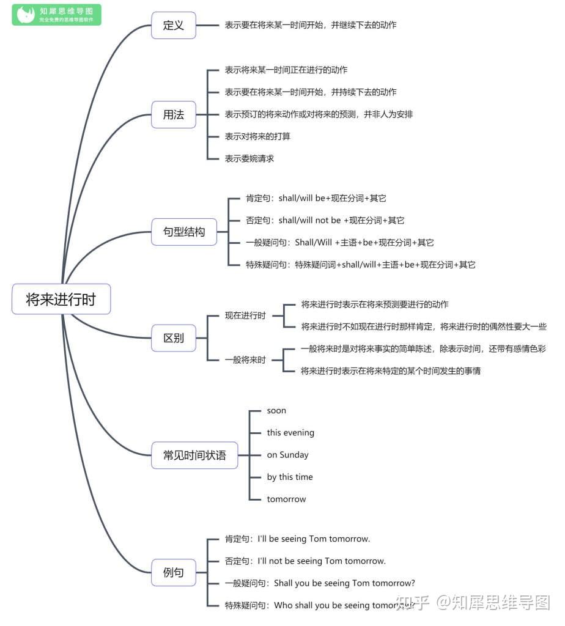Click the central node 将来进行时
(x=61, y=300)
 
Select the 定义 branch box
(x=174, y=26)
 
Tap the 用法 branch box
(x=174, y=114)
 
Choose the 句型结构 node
(x=184, y=232)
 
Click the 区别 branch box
(x=174, y=338)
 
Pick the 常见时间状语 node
(x=194, y=455)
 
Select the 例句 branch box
(x=174, y=573)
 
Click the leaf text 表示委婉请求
(x=249, y=158)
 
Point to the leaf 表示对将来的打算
(x=257, y=136)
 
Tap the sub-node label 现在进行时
(x=245, y=316)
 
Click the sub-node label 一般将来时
(x=245, y=360)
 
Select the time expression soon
(x=276, y=411)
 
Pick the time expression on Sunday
(x=287, y=455)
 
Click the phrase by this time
(x=290, y=477)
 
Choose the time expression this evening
(x=290, y=433)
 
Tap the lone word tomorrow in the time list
(x=286, y=499)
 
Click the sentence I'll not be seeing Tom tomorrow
(x=322, y=561)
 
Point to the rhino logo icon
(x=26, y=15)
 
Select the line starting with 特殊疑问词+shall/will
(x=385, y=265)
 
